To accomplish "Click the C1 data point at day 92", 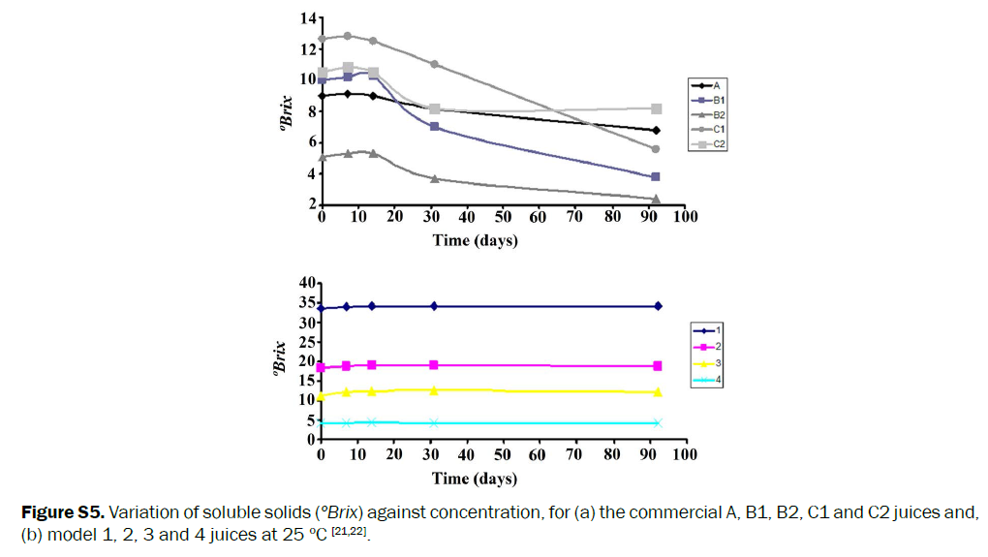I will coord(656,149).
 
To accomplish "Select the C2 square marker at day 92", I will coord(657,108).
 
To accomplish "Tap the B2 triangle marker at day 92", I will coord(656,199).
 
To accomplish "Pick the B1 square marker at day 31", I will coord(434,126).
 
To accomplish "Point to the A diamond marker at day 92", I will coord(656,130).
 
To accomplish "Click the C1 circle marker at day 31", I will coord(434,64).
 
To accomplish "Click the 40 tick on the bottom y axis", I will coord(308,283).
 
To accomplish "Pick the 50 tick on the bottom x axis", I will coord(503,454).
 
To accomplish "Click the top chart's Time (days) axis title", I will coord(475,240).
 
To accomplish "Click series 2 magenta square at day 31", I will coord(434,365).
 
